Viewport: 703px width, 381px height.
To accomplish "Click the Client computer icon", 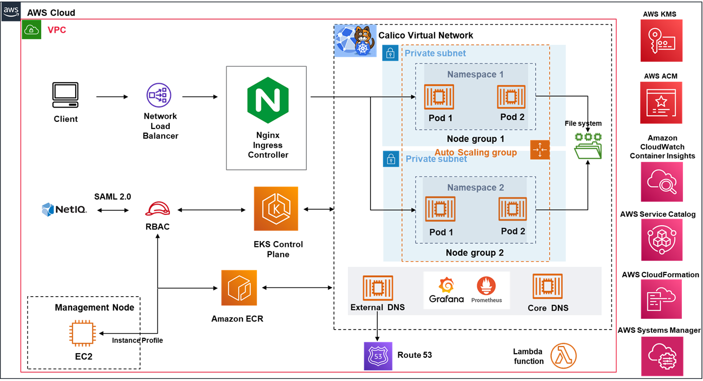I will click(65, 96).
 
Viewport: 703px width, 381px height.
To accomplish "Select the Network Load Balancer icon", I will click(160, 96).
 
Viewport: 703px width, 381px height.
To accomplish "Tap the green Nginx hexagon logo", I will click(268, 97).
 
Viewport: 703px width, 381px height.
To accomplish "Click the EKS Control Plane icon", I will click(276, 209).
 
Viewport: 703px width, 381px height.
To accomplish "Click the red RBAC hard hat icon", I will click(157, 209).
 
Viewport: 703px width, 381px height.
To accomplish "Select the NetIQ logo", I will click(64, 209).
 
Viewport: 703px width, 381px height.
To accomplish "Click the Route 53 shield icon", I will click(378, 356).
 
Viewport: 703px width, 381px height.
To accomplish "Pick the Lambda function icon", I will click(564, 356).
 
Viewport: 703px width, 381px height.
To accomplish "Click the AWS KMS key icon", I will click(661, 41).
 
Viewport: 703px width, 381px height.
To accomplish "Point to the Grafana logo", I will click(446, 291).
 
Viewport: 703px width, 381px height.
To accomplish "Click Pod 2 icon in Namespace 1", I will click(511, 97).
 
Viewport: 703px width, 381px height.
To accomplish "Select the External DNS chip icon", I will click(378, 288).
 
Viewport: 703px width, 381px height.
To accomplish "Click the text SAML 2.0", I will click(113, 196).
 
